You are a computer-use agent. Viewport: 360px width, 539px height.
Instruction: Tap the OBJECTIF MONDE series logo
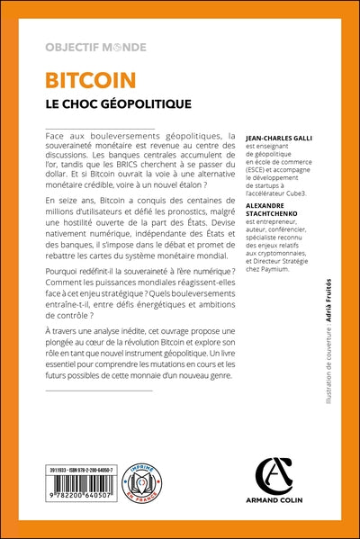click(95, 47)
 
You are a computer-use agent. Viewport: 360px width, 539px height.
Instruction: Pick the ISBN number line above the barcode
click(82, 471)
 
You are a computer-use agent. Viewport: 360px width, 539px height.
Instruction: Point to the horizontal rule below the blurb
click(99, 391)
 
